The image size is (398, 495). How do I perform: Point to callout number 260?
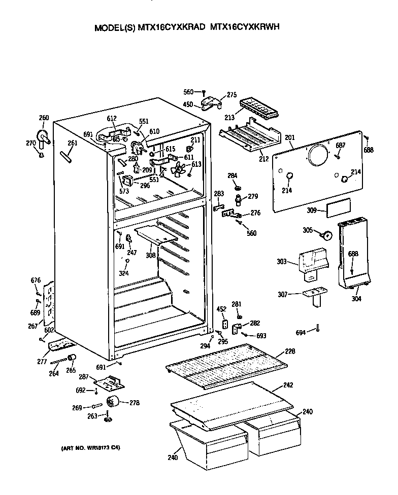click(44, 118)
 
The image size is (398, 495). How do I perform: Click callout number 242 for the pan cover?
click(288, 385)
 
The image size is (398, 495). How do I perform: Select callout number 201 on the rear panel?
click(289, 137)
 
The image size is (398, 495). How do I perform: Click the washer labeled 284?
click(237, 188)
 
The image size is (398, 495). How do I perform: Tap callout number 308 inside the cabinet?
click(151, 255)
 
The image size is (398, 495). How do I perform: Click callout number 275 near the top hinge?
click(232, 94)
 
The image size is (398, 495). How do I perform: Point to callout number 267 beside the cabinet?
click(32, 326)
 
